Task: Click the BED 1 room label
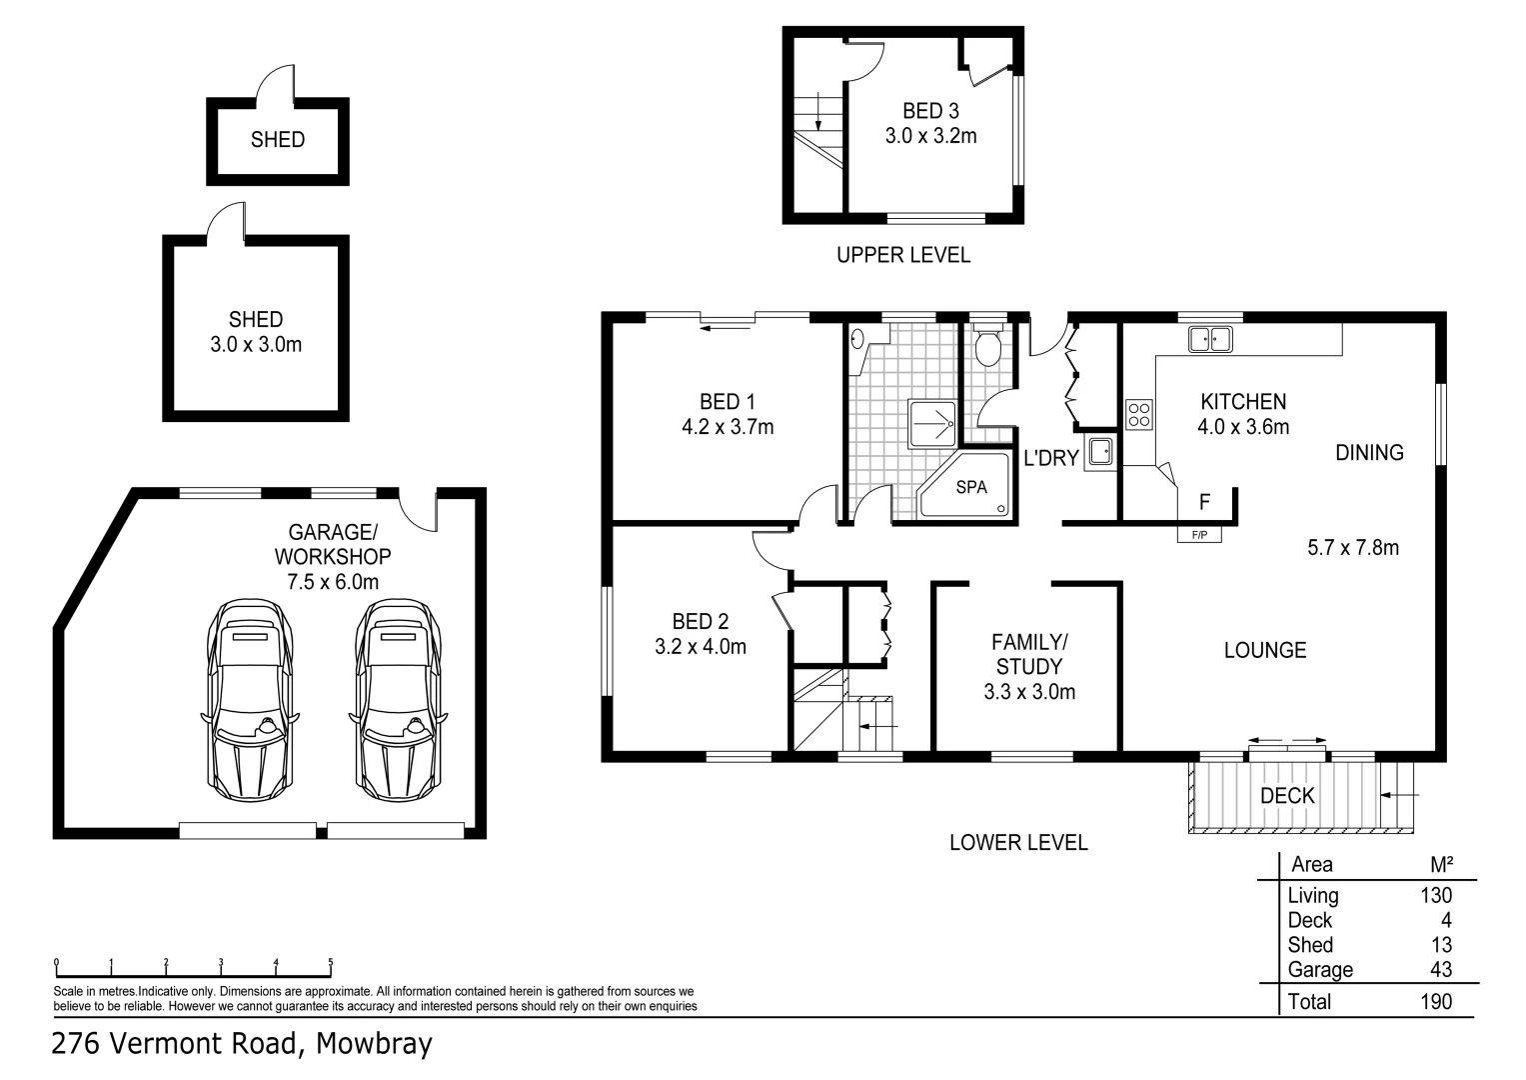(727, 402)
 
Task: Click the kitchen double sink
(1210, 339)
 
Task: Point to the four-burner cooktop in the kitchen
(1138, 414)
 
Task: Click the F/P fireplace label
(1199, 535)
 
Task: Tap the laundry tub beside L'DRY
(1100, 452)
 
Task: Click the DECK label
(1287, 796)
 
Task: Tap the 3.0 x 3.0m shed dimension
(256, 345)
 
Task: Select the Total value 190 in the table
(1435, 1001)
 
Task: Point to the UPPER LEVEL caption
(902, 255)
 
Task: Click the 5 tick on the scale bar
(331, 964)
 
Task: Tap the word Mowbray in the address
(374, 1044)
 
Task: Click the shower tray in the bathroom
(931, 424)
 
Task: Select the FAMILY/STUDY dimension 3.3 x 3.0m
(1029, 691)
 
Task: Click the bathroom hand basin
(857, 338)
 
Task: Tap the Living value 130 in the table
(1436, 895)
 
